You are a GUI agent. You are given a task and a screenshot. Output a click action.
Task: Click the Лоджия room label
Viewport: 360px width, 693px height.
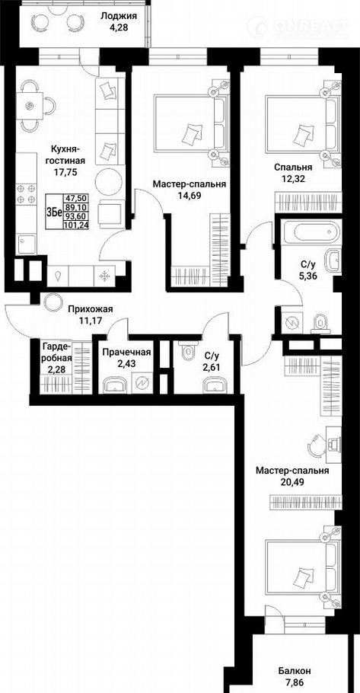(119, 16)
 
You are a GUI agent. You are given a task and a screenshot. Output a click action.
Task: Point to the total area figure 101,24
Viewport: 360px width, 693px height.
(75, 224)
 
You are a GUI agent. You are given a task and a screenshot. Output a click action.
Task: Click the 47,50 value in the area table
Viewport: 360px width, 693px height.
(75, 199)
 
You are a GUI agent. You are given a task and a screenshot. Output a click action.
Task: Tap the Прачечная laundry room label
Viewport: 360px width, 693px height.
(127, 353)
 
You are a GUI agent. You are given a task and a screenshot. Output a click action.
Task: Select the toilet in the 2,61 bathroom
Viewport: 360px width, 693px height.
(189, 353)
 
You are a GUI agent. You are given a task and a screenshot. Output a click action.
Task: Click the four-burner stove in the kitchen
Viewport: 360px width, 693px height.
(26, 194)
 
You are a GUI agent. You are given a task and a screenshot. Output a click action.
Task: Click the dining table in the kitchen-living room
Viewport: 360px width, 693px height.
(30, 105)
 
